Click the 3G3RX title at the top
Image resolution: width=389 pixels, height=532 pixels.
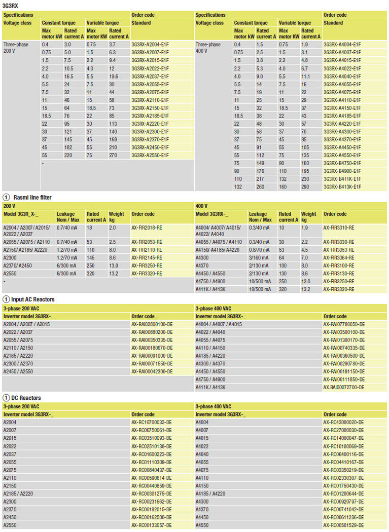point(11,5)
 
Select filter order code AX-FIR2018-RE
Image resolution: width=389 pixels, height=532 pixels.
point(147,228)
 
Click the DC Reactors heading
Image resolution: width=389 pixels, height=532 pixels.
point(25,398)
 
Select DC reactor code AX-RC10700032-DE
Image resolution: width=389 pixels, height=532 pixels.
point(152,422)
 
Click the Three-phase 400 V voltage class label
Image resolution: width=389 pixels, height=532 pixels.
point(208,48)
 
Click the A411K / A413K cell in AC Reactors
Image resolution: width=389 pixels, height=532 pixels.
point(210,387)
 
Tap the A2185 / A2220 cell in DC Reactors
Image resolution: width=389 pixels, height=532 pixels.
point(18,493)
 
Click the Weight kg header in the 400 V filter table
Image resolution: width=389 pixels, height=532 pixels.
point(308,217)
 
